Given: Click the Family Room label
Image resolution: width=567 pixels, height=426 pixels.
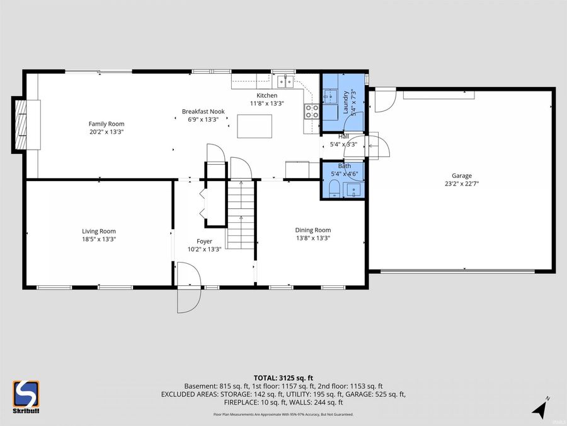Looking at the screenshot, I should [x=106, y=124].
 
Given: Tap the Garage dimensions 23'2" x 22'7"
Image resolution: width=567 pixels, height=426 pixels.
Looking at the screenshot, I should [x=461, y=184].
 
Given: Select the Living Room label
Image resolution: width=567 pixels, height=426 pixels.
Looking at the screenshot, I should [x=99, y=231].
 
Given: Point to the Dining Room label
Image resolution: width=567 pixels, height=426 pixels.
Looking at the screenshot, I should [x=313, y=230].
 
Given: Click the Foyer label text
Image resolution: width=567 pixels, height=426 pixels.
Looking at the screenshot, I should [x=204, y=241].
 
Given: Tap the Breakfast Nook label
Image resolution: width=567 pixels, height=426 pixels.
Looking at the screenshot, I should [x=203, y=111].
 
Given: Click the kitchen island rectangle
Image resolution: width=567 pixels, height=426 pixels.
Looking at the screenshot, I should [x=255, y=126].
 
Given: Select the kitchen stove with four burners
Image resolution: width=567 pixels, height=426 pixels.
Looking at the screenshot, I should [x=312, y=112].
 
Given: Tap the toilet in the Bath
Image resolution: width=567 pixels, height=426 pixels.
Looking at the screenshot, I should [x=333, y=188].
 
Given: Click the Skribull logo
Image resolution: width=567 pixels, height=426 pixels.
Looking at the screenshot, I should [x=26, y=397].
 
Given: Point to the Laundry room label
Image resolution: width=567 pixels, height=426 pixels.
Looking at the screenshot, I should [x=346, y=102].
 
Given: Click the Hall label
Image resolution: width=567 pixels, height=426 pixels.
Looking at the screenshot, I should [x=343, y=136].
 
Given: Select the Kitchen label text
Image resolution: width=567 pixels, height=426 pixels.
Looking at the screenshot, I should [x=266, y=95].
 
